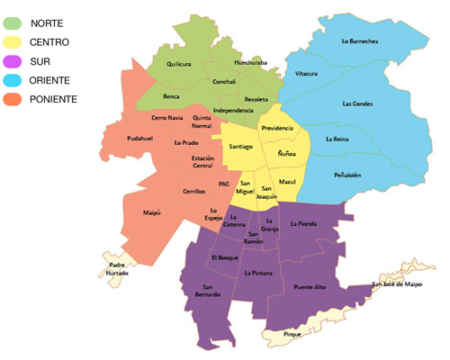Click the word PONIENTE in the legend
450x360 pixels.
coord(52,98)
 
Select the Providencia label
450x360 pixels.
coord(277,128)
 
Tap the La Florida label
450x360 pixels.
coord(305,222)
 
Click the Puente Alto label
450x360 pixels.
coord(310,286)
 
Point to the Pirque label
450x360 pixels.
coord(292,333)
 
